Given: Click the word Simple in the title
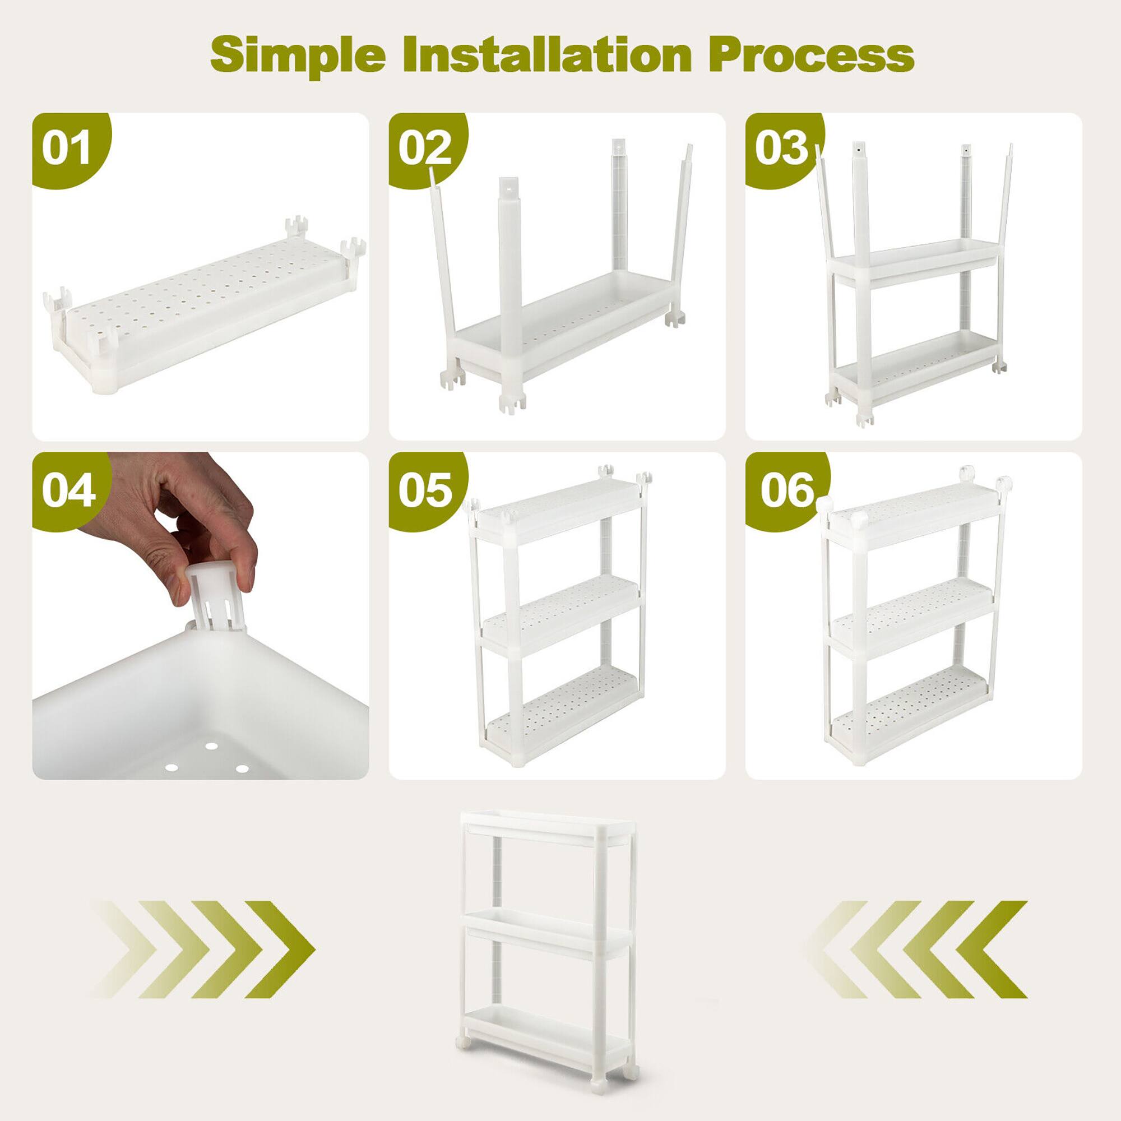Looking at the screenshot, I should pos(298,55).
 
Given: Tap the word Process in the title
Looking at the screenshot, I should pos(810,55).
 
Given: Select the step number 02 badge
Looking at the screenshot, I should pos(425,148).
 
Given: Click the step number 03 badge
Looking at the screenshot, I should pos(781,148).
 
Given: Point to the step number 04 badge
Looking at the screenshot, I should pos(68,490).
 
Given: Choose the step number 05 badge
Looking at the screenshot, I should pos(425,490).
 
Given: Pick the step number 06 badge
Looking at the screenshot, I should pos(788,490).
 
